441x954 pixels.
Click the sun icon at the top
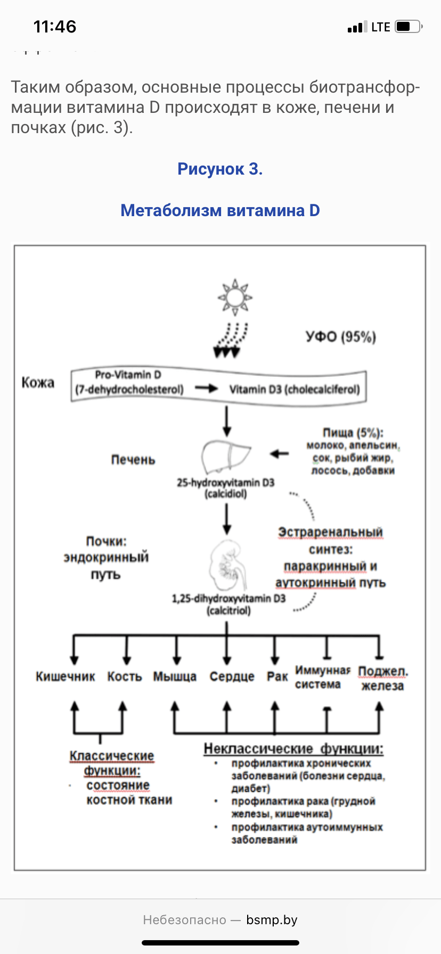pyautogui.click(x=234, y=296)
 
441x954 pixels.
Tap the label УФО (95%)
pyautogui.click(x=341, y=336)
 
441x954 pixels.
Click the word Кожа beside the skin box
pyautogui.click(x=38, y=382)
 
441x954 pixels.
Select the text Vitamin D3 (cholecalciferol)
pyautogui.click(x=295, y=389)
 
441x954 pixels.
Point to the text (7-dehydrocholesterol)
pyautogui.click(x=129, y=389)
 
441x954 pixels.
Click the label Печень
pyautogui.click(x=133, y=459)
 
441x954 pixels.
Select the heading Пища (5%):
pyautogui.click(x=353, y=433)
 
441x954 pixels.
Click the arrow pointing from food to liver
pyautogui.click(x=279, y=454)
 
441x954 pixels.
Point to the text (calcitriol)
pyautogui.click(x=228, y=611)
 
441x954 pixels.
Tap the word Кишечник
pyautogui.click(x=65, y=677)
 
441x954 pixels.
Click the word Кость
pyautogui.click(x=125, y=677)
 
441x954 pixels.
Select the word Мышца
pyautogui.click(x=175, y=677)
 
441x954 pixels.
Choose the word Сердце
pyautogui.click(x=232, y=677)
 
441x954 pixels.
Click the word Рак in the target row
pyautogui.click(x=277, y=677)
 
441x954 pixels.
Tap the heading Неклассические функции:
pyautogui.click(x=293, y=749)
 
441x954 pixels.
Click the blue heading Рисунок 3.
pyautogui.click(x=220, y=169)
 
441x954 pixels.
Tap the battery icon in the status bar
pyautogui.click(x=409, y=27)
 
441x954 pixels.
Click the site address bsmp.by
pyautogui.click(x=272, y=920)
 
